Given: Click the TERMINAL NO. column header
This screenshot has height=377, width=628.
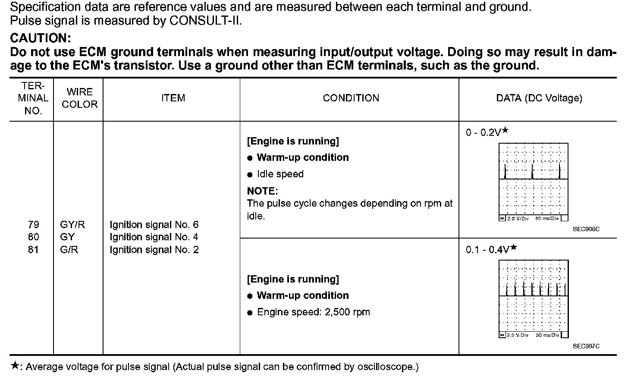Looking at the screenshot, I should [x=33, y=98].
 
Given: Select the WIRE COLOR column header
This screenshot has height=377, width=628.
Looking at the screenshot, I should [x=80, y=98].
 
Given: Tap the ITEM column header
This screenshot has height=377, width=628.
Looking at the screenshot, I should [x=173, y=98].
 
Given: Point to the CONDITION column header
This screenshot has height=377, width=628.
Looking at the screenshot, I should [x=351, y=98].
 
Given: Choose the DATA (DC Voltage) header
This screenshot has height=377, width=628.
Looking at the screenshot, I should [x=539, y=98].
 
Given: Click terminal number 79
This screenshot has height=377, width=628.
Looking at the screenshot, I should [x=33, y=225].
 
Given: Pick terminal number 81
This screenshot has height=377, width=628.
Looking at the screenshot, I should [x=33, y=250].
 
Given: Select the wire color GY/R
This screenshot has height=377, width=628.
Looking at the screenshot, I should [x=73, y=225].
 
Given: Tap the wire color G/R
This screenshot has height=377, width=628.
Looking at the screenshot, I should [x=69, y=250].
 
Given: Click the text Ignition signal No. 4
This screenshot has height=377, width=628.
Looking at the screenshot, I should [x=154, y=237].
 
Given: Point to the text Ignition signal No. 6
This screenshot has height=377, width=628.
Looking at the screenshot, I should [x=154, y=225].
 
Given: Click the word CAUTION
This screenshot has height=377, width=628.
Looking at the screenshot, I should [x=40, y=38].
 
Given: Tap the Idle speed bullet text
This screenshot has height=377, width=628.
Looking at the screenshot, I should [x=280, y=174].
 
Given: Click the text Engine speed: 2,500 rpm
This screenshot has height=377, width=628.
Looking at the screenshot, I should [x=313, y=312].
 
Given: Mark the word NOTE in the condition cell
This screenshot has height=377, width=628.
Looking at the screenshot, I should [x=262, y=191].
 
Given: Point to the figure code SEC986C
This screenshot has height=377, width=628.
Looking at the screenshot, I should [x=586, y=229].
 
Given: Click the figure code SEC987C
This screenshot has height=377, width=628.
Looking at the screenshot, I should [x=586, y=346].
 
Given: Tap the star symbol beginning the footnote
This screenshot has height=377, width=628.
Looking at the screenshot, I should [x=15, y=366].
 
